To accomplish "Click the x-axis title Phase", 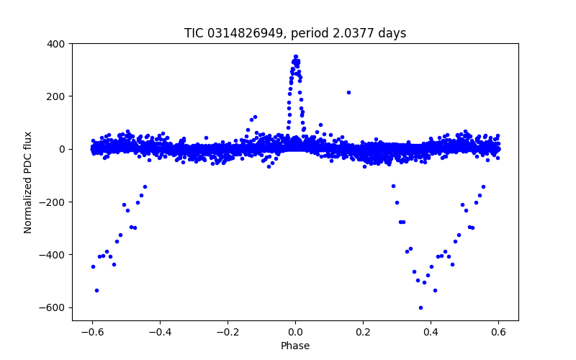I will tap(295, 346).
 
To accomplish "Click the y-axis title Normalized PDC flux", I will tap(29, 181).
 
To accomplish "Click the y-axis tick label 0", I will tap(62, 149).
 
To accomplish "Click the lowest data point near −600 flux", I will tap(420, 307).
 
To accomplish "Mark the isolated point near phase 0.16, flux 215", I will tap(348, 92).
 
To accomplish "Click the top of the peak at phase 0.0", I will tap(295, 56).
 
